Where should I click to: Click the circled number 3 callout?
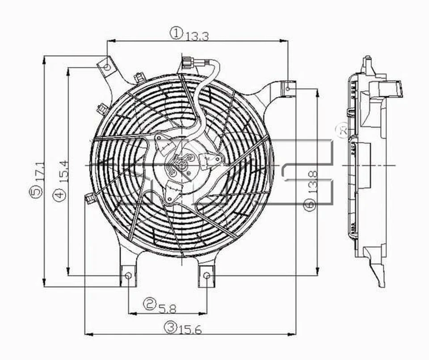(x=169, y=328)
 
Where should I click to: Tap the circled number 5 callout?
(x=37, y=192)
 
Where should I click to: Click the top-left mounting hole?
(x=107, y=67)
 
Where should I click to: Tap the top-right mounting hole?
(x=288, y=88)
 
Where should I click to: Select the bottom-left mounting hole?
(x=128, y=276)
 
